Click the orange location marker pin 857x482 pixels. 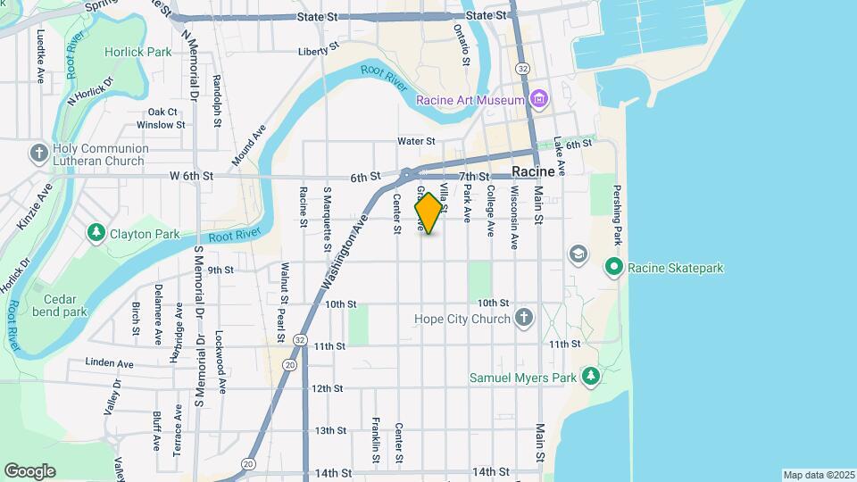click(429, 213)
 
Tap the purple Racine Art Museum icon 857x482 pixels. click(538, 99)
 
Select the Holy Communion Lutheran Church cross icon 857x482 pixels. click(38, 153)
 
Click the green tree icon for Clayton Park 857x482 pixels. click(96, 233)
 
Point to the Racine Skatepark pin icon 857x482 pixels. click(613, 267)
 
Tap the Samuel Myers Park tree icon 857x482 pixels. click(590, 378)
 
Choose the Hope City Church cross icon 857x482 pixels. click(524, 318)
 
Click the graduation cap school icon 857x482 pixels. click(578, 254)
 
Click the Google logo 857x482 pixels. click(29, 470)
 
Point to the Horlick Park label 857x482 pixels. click(137, 52)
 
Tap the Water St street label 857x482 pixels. click(416, 141)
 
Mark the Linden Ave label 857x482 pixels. click(109, 363)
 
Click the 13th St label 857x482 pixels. click(329, 430)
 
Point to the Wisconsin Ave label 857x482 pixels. click(513, 218)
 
